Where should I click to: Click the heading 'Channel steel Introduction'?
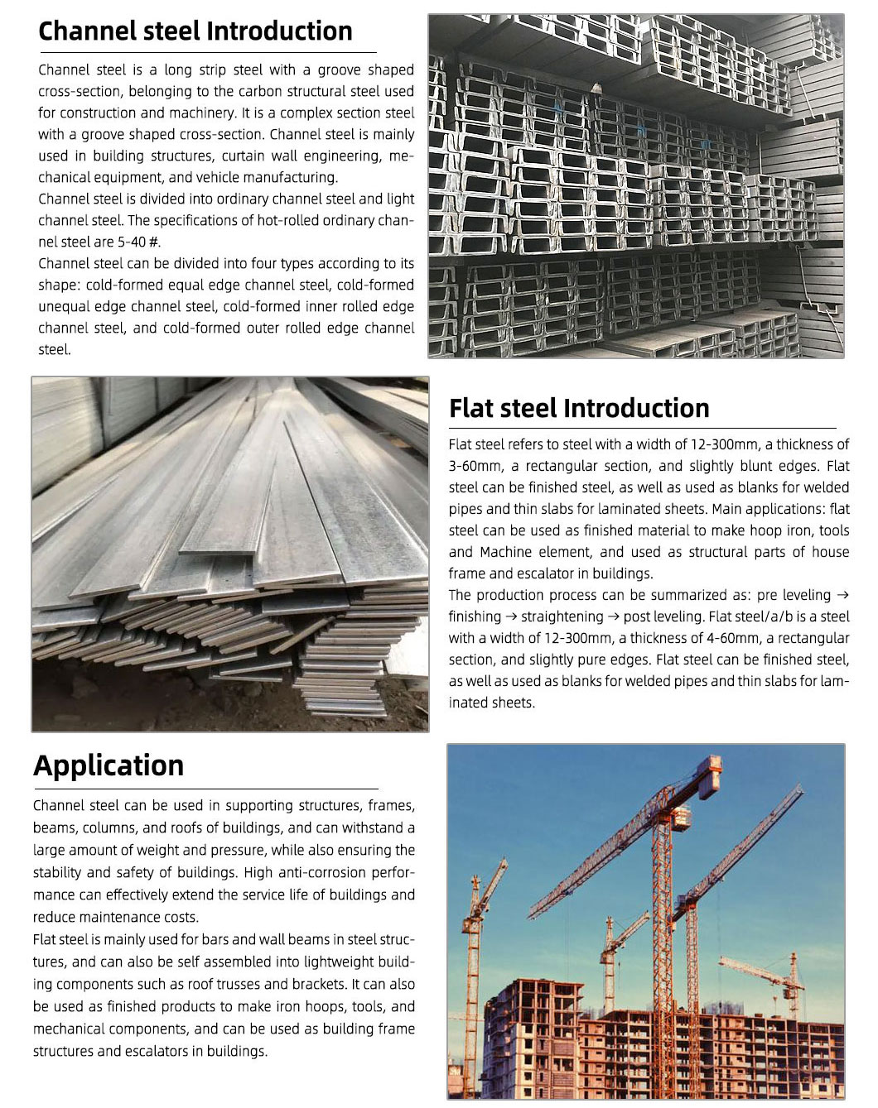pos(195,31)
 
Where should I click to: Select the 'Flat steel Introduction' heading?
pos(579,408)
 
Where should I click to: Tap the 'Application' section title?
pos(109,765)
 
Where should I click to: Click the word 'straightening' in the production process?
pos(562,616)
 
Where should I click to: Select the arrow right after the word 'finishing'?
pos(513,616)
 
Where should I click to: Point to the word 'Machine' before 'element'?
pos(506,552)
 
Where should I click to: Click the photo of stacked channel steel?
pos(635,187)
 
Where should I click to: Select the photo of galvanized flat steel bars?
pos(230,554)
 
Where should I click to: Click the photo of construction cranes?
pos(645,921)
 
